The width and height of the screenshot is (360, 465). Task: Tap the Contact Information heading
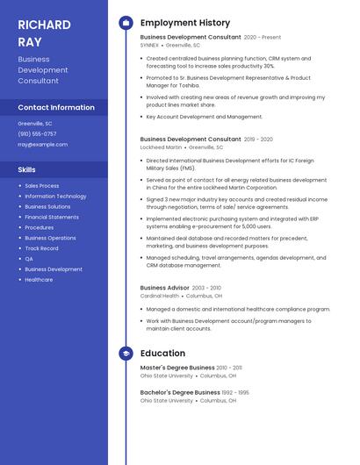click(56, 107)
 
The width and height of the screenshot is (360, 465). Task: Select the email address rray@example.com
click(42, 144)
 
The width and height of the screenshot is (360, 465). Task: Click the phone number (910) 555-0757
click(37, 133)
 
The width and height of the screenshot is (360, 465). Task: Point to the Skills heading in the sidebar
click(26, 169)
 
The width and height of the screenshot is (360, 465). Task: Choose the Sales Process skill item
click(42, 186)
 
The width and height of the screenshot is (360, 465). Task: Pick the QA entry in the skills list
click(29, 259)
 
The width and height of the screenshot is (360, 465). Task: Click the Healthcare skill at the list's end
click(39, 280)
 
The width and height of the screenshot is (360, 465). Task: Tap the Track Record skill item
click(42, 248)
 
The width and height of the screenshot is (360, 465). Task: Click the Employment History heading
click(184, 23)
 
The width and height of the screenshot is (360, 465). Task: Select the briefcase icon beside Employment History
click(126, 23)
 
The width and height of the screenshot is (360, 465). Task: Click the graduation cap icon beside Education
click(126, 353)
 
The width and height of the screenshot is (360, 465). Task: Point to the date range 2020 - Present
click(263, 38)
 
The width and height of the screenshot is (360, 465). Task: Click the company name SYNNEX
click(149, 45)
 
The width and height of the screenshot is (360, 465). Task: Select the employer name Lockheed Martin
click(161, 147)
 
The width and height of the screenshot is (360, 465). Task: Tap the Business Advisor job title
click(165, 288)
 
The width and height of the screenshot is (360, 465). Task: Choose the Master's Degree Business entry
click(177, 368)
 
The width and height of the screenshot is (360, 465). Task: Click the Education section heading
click(162, 353)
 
